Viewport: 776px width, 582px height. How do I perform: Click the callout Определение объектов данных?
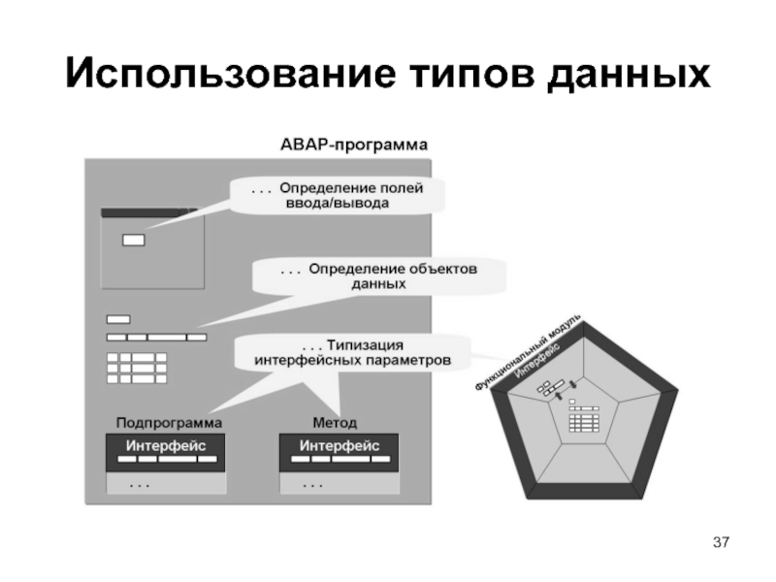tap(379, 276)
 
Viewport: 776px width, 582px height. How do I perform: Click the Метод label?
tap(334, 423)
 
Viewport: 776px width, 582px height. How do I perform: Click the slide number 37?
tap(720, 540)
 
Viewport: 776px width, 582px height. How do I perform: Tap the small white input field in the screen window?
tap(132, 240)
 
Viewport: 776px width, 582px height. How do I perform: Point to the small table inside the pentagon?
tap(582, 420)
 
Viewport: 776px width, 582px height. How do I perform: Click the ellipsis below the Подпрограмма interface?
tap(140, 482)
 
